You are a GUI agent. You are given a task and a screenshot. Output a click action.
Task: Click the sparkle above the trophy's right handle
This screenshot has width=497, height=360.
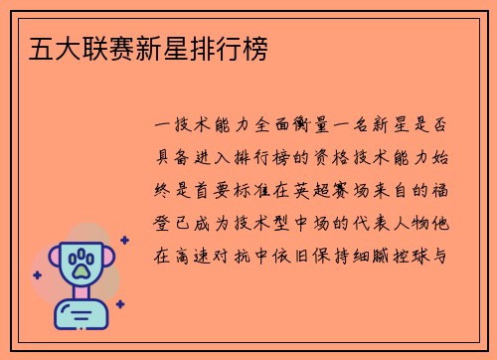point(123,240)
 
